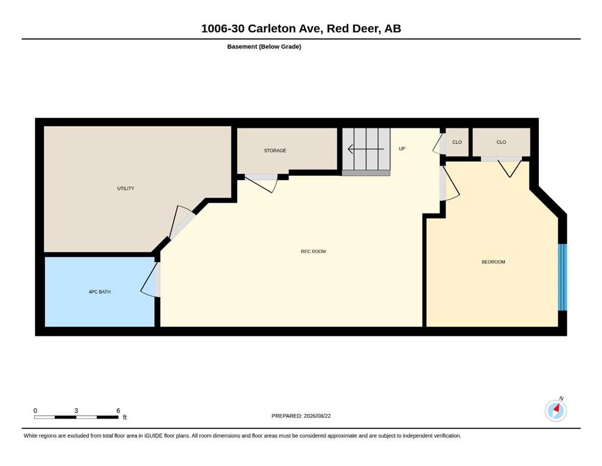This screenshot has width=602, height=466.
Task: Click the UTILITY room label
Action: [125, 188]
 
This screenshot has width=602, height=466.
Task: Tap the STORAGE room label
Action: [275, 150]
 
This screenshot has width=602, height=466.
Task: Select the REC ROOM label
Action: [313, 251]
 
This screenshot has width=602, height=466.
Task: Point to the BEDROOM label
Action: [493, 262]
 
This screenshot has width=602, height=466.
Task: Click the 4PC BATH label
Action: [99, 292]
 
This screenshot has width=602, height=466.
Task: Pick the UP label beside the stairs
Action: [402, 149]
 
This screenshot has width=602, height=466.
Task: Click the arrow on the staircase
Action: [366, 149]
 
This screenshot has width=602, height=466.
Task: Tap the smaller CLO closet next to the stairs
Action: [457, 142]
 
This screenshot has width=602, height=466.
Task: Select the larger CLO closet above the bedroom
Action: [501, 142]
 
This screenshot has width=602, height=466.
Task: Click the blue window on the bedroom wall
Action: [562, 277]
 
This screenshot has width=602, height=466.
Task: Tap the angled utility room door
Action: [181, 223]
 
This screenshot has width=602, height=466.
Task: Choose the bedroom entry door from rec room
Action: [450, 183]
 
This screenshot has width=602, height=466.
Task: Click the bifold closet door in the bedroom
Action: [510, 168]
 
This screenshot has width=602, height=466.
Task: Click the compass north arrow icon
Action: [555, 410]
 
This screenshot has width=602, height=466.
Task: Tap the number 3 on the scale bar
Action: [76, 410]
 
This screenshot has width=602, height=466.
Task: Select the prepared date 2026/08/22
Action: [317, 416]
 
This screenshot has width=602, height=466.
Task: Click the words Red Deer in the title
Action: [352, 29]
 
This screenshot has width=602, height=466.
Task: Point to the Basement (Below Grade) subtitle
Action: [264, 47]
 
